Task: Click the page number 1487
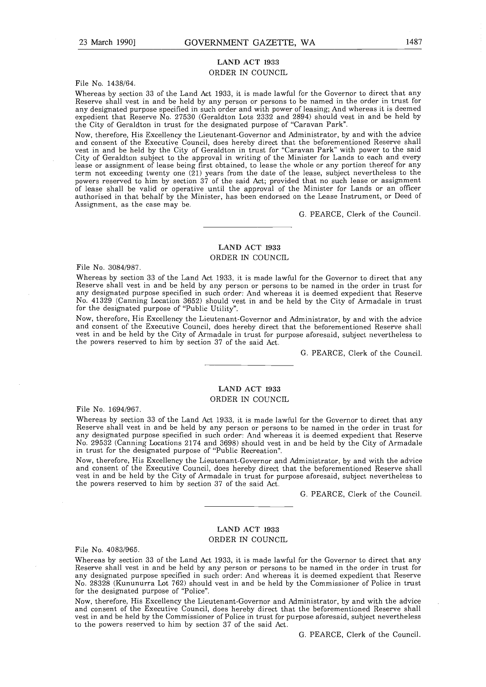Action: click(x=413, y=42)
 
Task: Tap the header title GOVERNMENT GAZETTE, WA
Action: click(x=250, y=43)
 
